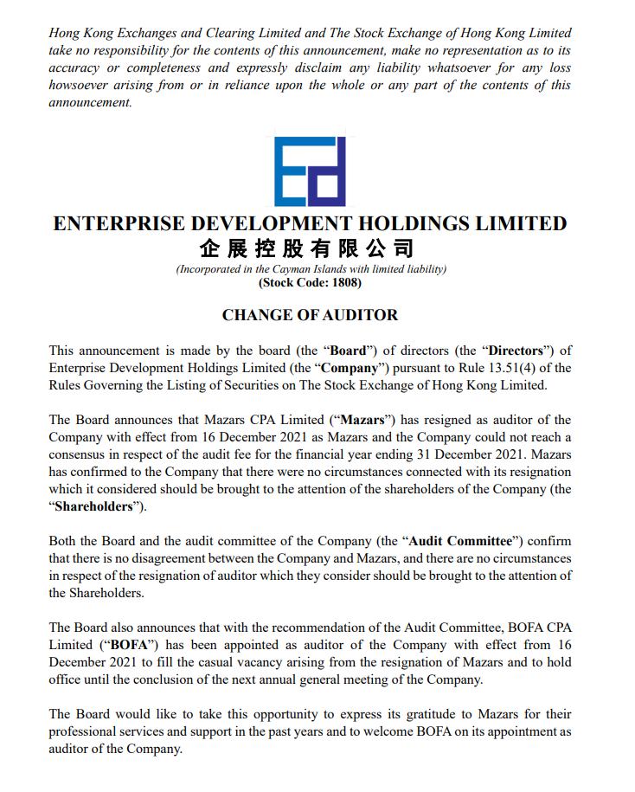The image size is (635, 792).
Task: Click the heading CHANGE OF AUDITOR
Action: [x=310, y=315]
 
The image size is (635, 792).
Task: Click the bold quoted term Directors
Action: [x=516, y=351]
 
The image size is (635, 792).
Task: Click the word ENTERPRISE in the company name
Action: [x=117, y=223]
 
